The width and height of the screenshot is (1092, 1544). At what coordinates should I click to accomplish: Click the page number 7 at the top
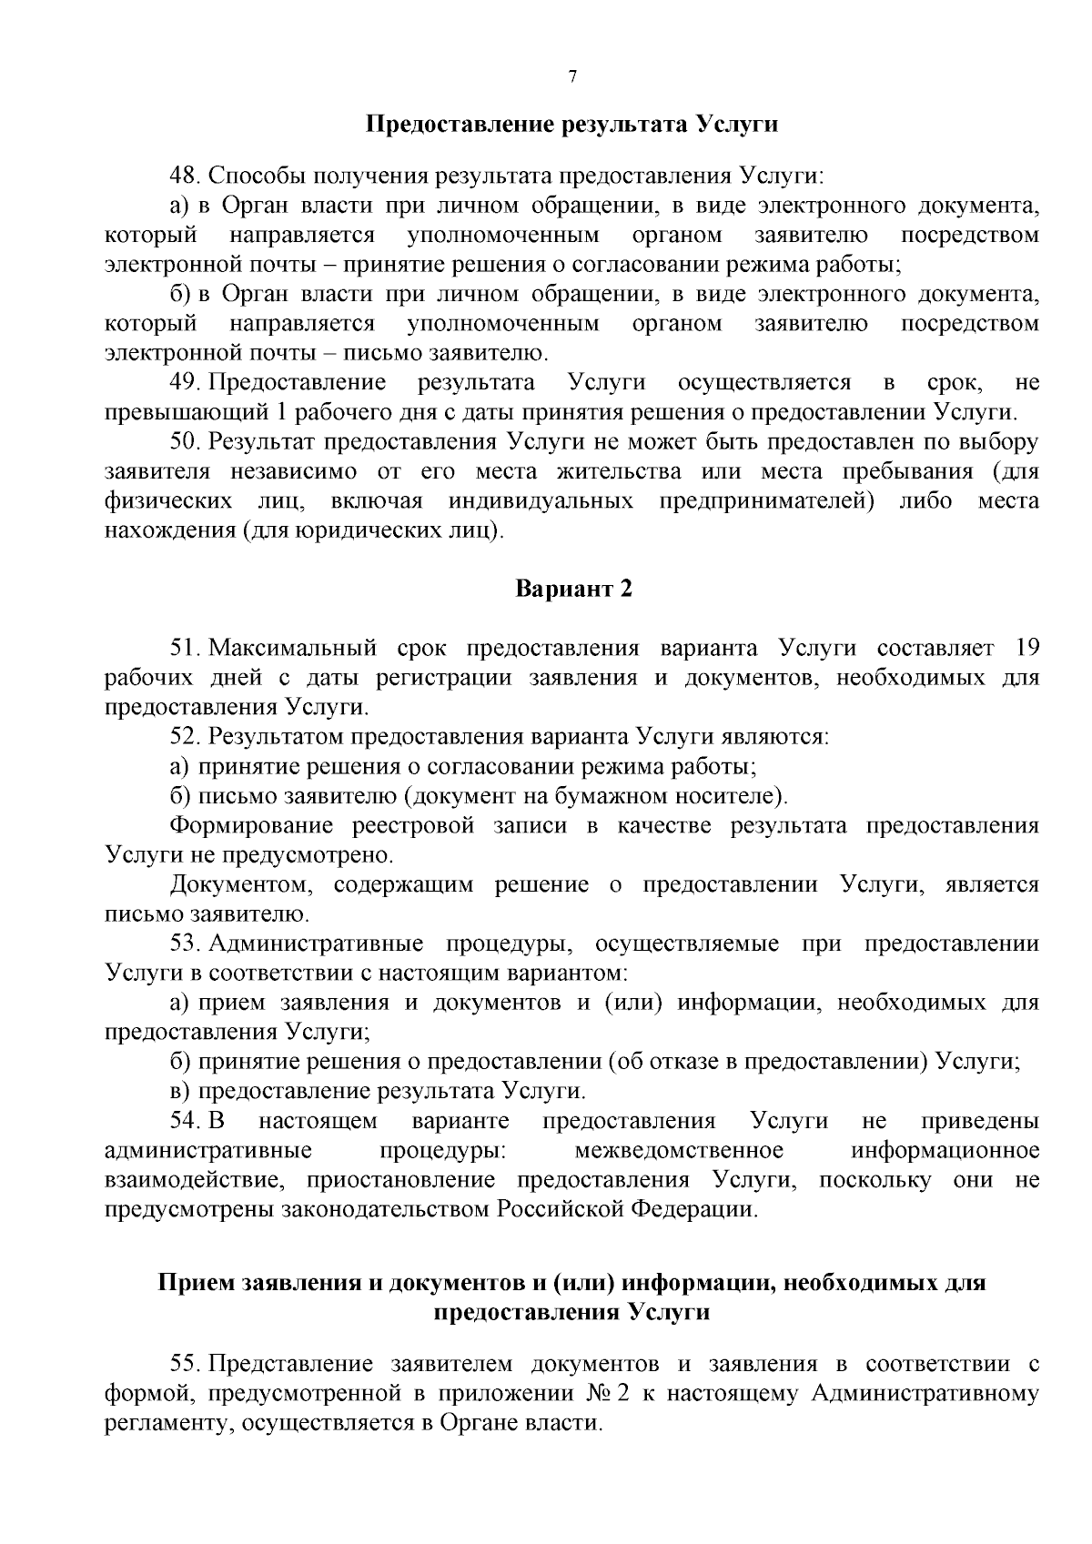572,76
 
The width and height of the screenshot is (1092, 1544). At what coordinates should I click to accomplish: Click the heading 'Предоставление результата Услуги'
571,124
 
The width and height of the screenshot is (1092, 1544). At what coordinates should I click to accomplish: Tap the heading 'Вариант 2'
573,589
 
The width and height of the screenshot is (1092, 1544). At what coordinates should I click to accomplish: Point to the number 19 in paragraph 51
1026,649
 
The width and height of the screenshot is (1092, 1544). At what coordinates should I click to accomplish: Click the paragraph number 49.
186,383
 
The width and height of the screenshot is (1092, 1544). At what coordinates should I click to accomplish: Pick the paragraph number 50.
186,442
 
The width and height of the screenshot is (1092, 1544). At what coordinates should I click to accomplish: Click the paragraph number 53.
186,944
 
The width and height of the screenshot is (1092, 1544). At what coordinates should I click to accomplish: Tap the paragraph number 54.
186,1121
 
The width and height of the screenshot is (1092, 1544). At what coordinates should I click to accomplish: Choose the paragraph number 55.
186,1364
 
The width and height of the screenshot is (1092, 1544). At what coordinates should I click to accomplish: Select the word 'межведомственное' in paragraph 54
679,1151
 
